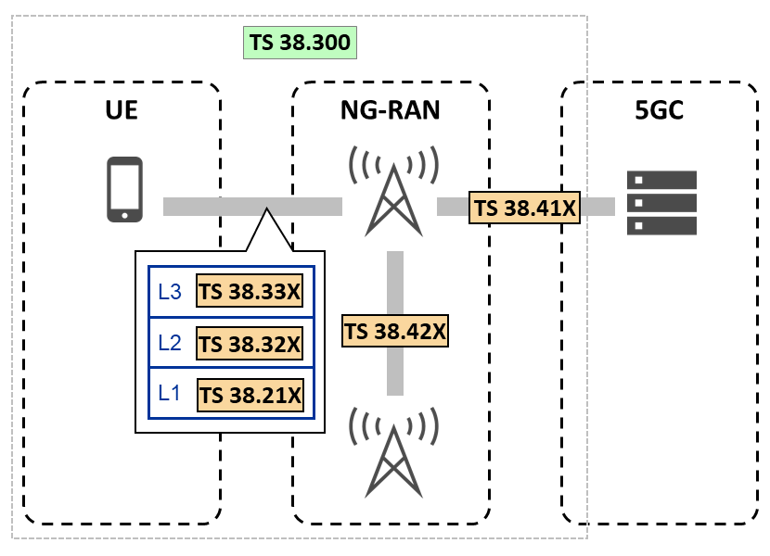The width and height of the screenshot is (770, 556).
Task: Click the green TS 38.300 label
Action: pos(299,43)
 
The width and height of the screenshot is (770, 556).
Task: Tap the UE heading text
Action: pos(122,112)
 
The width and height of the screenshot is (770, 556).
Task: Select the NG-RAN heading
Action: pos(390,112)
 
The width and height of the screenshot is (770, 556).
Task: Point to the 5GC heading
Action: pos(660,112)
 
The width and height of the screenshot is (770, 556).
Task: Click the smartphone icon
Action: pos(125,190)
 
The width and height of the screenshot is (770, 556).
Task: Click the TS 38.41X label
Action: pos(524,208)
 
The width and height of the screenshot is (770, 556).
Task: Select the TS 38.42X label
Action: pos(395,331)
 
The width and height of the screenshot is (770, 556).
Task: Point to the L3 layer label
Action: pos(170,292)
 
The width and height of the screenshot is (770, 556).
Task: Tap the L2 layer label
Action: pos(170,343)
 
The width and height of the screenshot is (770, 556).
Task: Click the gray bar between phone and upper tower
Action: pos(213,207)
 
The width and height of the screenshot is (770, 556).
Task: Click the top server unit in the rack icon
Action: pos(661,180)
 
